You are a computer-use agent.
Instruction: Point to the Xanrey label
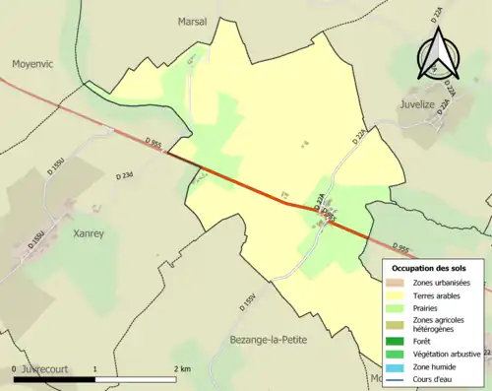89,233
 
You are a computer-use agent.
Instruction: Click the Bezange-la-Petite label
267,339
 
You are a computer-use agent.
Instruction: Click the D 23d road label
123,175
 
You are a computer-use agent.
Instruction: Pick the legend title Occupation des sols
429,268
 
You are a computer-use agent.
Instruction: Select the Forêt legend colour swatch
400,340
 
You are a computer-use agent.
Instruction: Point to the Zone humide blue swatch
400,365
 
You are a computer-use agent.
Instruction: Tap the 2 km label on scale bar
181,367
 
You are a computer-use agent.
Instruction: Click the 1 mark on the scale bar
94,367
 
